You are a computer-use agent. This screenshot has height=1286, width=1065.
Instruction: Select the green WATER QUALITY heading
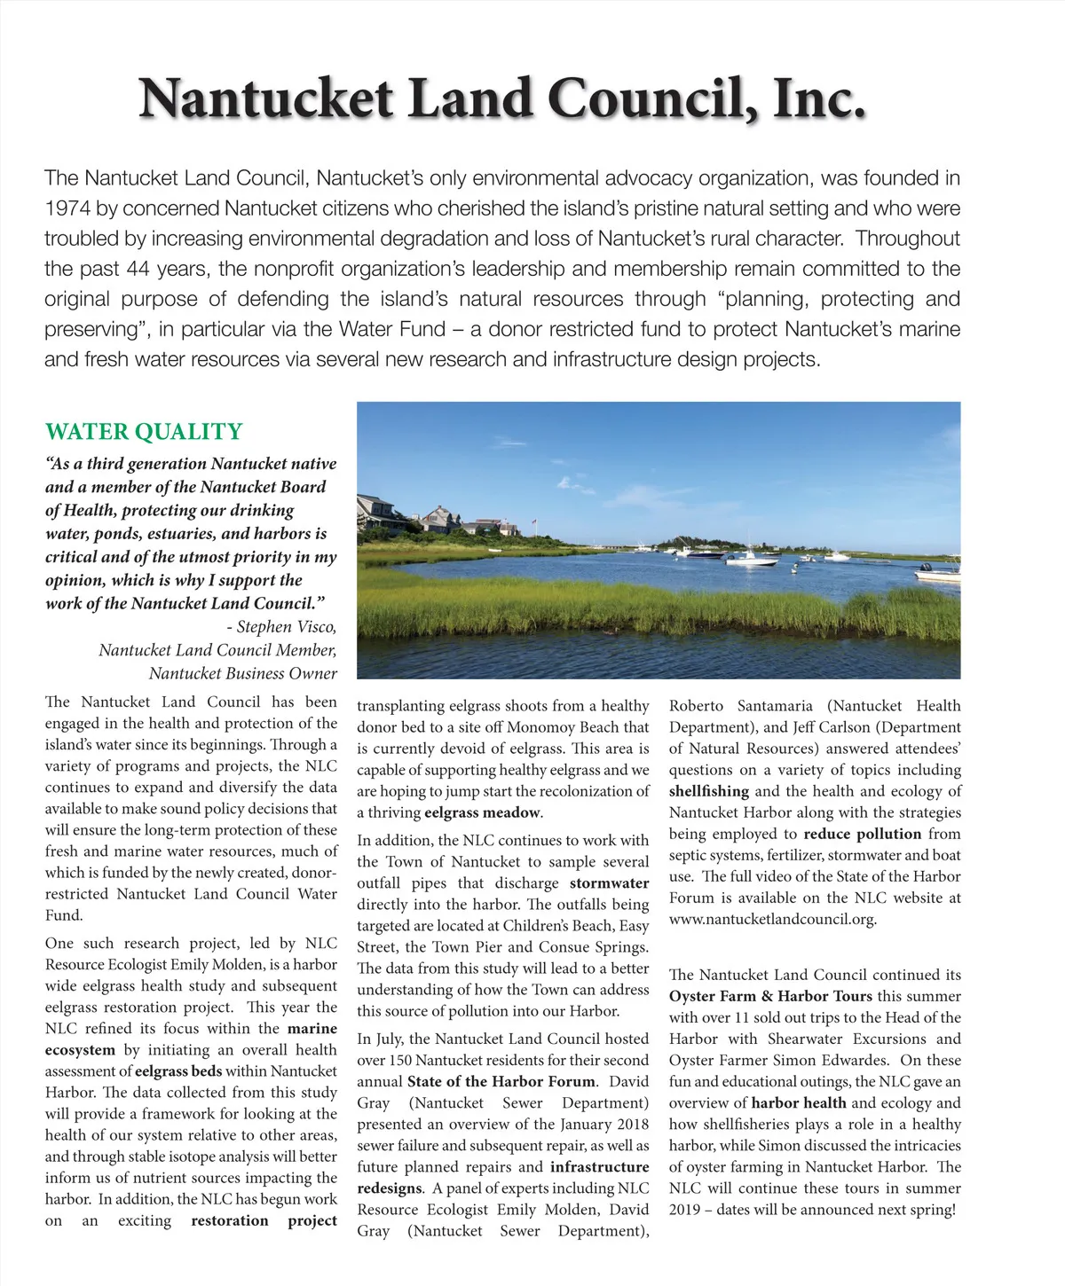coord(144,432)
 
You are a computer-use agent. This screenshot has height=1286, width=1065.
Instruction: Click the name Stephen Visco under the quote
coord(286,627)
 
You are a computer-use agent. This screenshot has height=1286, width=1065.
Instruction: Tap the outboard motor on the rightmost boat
coord(925,568)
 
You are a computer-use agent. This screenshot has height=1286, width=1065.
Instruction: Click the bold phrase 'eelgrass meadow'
coord(482,812)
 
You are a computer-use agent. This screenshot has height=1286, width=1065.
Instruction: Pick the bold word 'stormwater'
coord(609,883)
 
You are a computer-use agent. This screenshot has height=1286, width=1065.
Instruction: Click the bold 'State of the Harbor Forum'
coord(501,1082)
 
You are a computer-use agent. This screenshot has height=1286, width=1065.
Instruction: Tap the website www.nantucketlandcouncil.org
coord(772,919)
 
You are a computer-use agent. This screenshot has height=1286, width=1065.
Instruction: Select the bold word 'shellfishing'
coord(708,791)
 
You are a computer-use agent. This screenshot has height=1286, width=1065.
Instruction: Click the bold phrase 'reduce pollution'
coord(862,834)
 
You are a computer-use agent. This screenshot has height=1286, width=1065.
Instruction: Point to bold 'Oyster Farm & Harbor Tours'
coord(770,996)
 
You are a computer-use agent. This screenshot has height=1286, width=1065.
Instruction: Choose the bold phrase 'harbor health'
coord(798,1103)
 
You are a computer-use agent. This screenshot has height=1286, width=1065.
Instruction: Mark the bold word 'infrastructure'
coord(599,1167)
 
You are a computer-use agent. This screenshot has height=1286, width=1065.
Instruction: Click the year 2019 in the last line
coord(685,1210)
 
